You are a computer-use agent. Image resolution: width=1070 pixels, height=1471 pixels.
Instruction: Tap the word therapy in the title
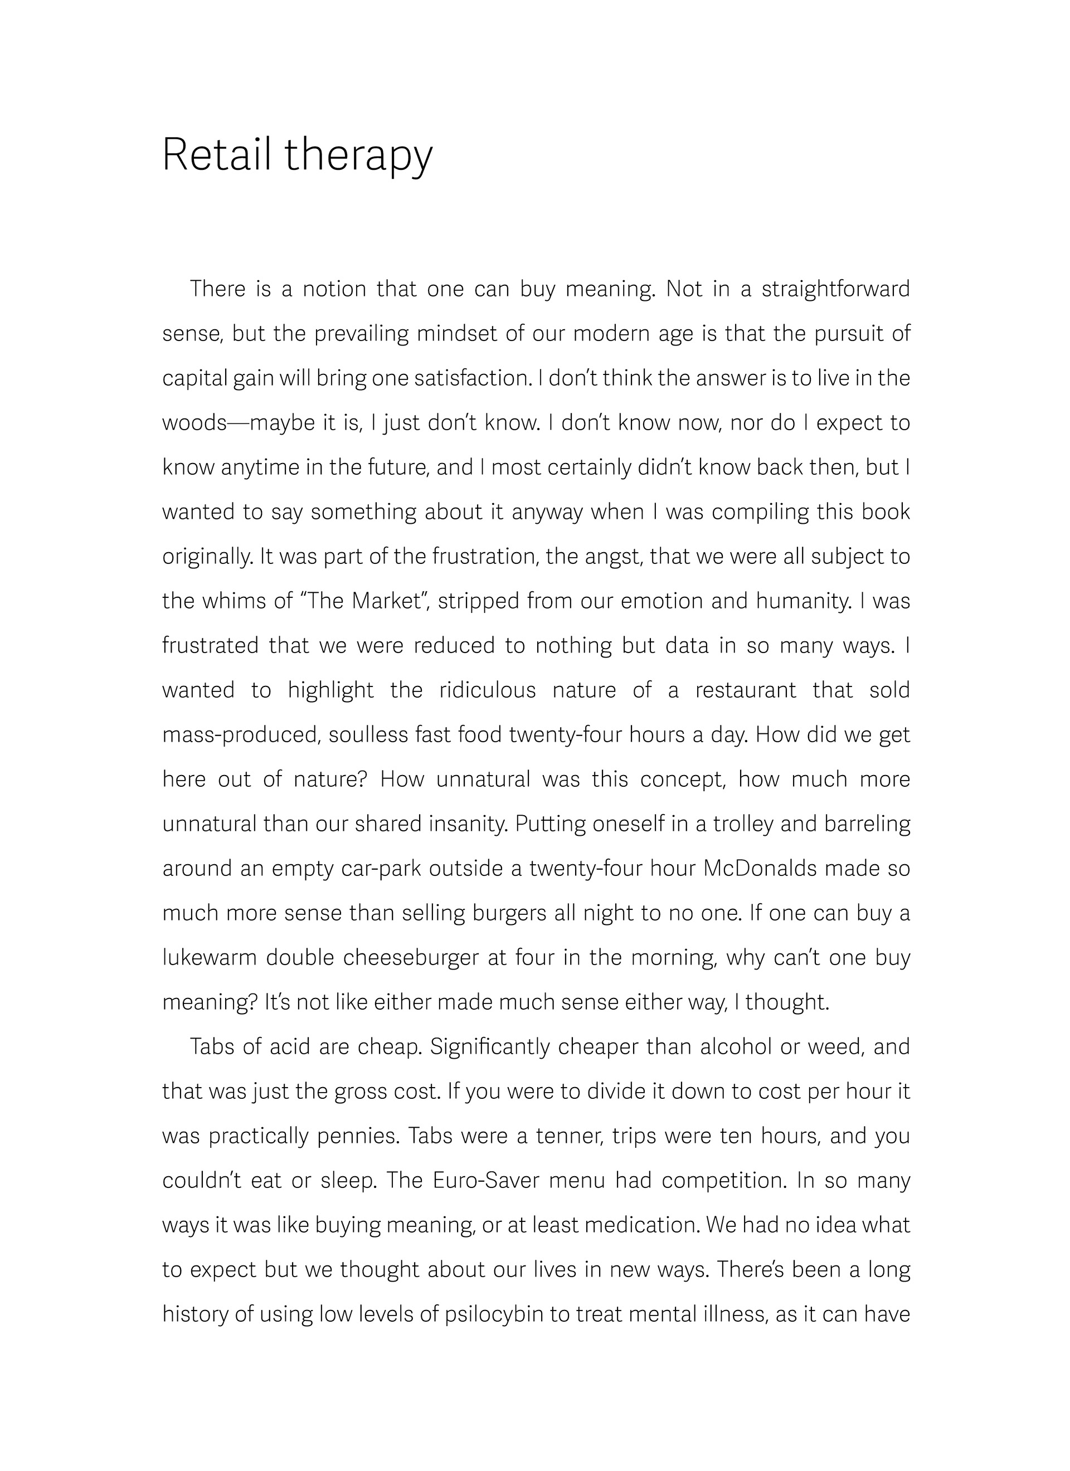click(358, 157)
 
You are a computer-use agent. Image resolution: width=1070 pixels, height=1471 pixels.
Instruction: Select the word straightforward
click(836, 289)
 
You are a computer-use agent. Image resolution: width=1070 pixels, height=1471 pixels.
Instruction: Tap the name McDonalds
click(760, 869)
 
